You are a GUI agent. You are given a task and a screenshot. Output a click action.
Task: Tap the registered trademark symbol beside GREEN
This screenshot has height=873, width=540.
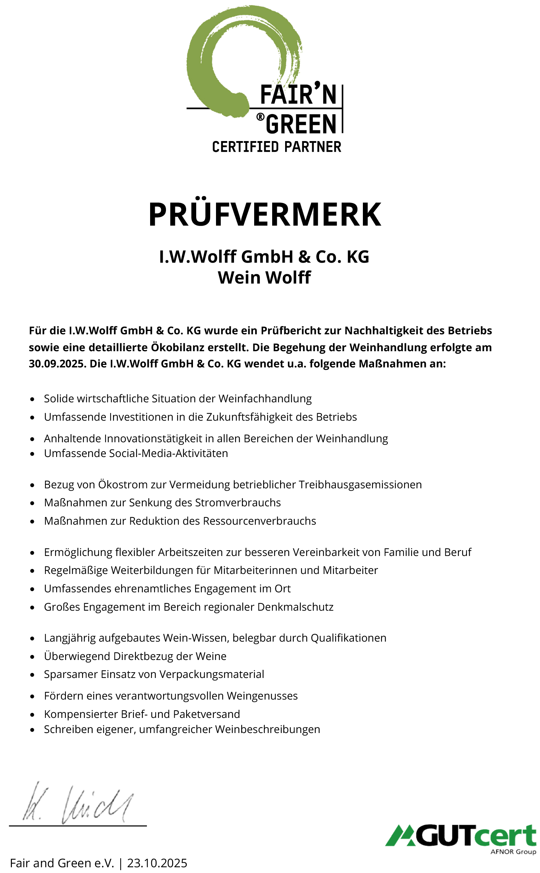pyautogui.click(x=260, y=117)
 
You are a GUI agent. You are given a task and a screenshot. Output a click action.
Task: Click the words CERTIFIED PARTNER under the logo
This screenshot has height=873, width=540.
pyautogui.click(x=276, y=147)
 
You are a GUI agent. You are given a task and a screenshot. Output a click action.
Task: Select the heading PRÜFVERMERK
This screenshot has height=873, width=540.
pyautogui.click(x=265, y=214)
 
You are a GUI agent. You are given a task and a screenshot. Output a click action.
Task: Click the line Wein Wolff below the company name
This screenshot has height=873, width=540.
pyautogui.click(x=264, y=277)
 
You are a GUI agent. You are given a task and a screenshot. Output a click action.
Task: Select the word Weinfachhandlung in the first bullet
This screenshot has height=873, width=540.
pyautogui.click(x=265, y=399)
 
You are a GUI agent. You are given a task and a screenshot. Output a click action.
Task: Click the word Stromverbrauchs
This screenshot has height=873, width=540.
pyautogui.click(x=238, y=503)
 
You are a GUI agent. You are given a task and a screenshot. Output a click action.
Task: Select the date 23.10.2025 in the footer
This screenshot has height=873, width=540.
pyautogui.click(x=157, y=863)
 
